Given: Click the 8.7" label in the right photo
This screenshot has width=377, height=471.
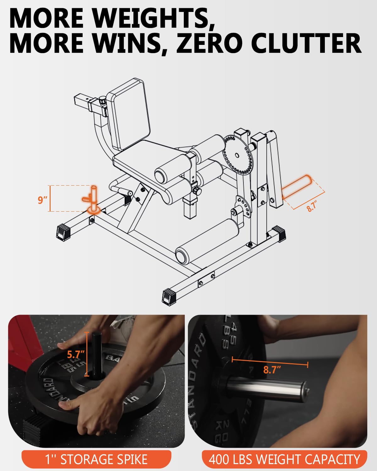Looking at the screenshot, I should pyautogui.click(x=272, y=370).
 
